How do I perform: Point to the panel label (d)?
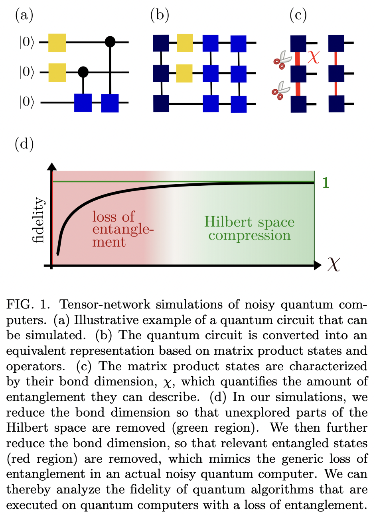(24, 144)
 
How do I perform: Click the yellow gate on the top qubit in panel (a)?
(57, 42)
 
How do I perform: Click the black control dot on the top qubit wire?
(110, 41)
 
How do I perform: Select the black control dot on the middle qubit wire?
(83, 72)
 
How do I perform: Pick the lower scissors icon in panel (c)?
(281, 90)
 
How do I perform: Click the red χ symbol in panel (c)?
(314, 57)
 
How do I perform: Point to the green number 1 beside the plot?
(326, 183)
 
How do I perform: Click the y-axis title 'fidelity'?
(39, 220)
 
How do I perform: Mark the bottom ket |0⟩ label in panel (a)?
(27, 102)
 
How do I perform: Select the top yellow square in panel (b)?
(185, 43)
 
